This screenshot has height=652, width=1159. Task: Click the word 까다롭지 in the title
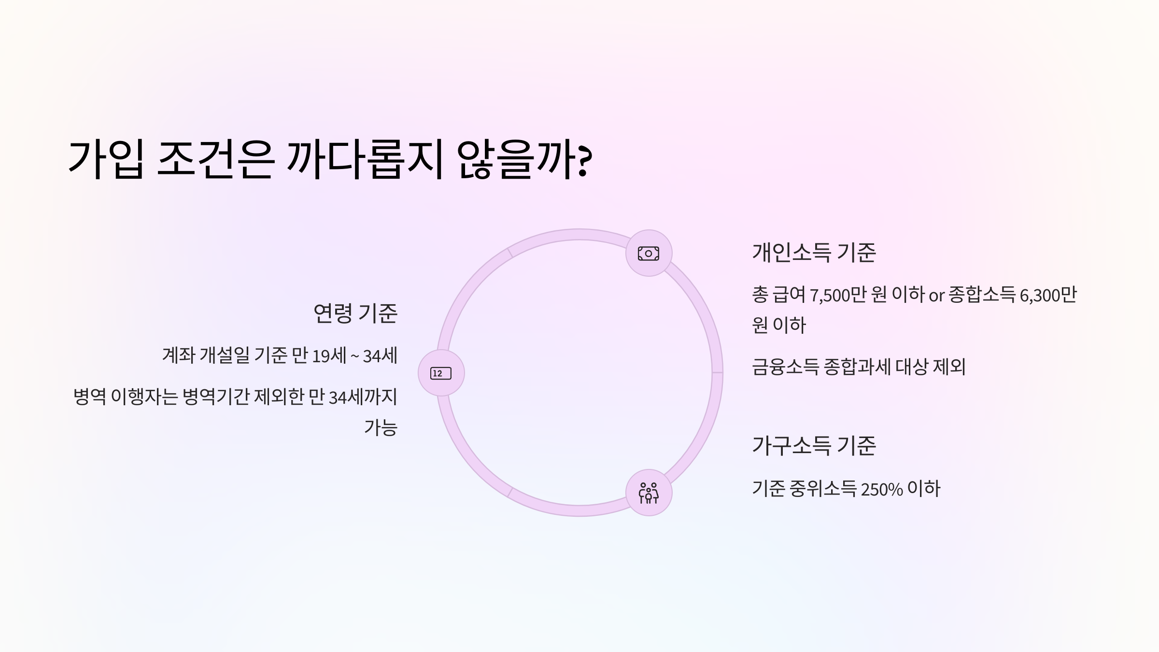(x=365, y=160)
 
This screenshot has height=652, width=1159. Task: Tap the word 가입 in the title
(x=106, y=160)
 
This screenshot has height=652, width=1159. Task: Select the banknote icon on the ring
(x=649, y=253)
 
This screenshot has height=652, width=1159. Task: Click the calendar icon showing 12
(x=441, y=373)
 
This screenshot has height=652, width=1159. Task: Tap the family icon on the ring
(x=649, y=493)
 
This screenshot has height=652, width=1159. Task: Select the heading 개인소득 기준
(x=814, y=252)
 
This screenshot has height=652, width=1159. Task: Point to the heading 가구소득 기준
(x=814, y=445)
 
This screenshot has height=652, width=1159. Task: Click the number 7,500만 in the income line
(x=838, y=295)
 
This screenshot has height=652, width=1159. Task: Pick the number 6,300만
(x=1048, y=295)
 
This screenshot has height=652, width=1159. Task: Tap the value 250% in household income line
(x=881, y=489)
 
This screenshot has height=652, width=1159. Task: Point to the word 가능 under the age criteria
(x=381, y=427)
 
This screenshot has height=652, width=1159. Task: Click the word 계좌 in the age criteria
(x=178, y=355)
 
